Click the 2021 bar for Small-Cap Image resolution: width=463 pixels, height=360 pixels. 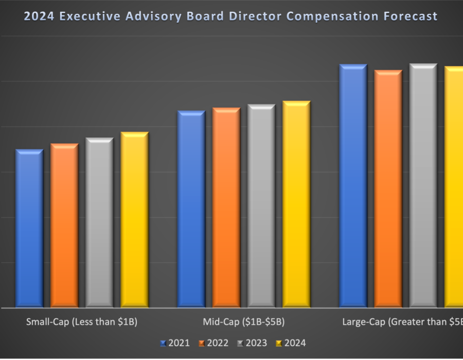point(29,229)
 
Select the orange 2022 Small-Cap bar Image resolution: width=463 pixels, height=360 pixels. point(64,226)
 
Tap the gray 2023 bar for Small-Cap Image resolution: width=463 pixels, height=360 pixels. point(99,223)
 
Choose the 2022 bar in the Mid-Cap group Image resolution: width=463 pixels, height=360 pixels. point(226,208)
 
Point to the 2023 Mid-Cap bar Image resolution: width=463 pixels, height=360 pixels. point(261,206)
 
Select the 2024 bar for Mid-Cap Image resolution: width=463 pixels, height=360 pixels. point(296,205)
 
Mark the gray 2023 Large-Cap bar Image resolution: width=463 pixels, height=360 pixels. point(423,186)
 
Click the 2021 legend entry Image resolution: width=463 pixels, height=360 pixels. point(175,343)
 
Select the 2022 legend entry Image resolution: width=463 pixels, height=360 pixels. point(213,343)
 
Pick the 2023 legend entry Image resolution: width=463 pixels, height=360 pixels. point(252,343)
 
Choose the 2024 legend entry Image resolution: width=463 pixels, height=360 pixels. point(291,343)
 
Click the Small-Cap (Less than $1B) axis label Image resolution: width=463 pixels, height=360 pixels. point(82,322)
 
